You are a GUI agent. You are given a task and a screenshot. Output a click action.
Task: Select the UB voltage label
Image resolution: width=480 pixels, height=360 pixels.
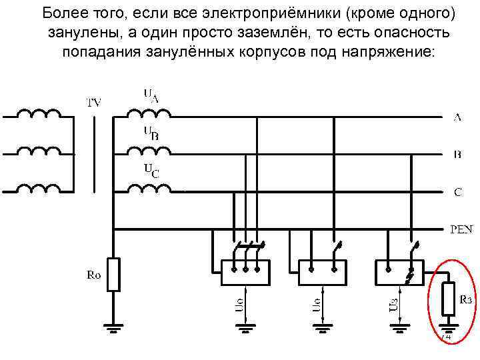[x=151, y=133]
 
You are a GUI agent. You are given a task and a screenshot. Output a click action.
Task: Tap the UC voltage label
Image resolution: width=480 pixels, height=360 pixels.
[x=151, y=171]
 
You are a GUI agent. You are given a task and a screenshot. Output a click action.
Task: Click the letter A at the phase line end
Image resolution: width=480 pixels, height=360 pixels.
[x=457, y=118]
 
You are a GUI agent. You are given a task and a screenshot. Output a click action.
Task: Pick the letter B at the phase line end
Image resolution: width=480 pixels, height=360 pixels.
[x=457, y=155]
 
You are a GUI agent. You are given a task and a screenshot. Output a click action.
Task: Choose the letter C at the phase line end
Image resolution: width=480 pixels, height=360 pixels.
[x=458, y=193]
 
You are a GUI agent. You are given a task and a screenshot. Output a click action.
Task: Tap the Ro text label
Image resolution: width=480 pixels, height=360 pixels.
[x=94, y=274]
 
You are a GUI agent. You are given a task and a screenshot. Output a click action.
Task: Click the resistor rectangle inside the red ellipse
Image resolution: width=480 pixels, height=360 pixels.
[x=449, y=299]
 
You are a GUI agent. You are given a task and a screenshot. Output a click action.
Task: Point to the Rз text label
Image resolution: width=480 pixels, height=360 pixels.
[x=465, y=299]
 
